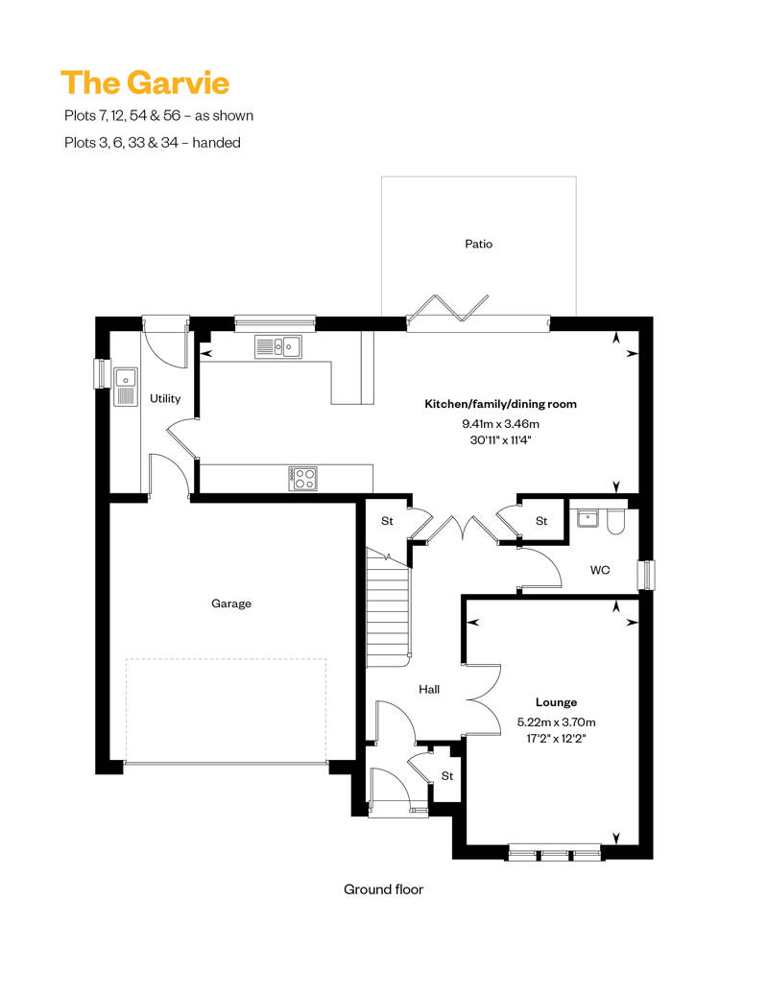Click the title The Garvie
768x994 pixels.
(145, 83)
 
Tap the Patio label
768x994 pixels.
(478, 244)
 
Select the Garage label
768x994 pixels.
(231, 603)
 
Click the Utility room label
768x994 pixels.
(165, 398)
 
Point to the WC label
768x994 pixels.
(600, 570)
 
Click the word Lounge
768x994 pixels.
(556, 702)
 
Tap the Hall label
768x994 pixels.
(429, 689)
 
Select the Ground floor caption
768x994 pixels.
(383, 889)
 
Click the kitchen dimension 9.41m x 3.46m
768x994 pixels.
(501, 423)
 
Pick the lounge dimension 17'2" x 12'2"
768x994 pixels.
(556, 739)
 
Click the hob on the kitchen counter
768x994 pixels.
(303, 477)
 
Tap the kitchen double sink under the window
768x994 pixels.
(277, 346)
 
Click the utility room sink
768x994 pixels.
(126, 386)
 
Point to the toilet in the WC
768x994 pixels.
(615, 519)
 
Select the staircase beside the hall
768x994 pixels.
(389, 614)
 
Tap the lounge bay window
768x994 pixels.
(555, 851)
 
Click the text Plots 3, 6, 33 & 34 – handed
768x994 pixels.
(151, 142)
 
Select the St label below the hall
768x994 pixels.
(447, 775)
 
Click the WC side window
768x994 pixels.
(647, 574)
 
